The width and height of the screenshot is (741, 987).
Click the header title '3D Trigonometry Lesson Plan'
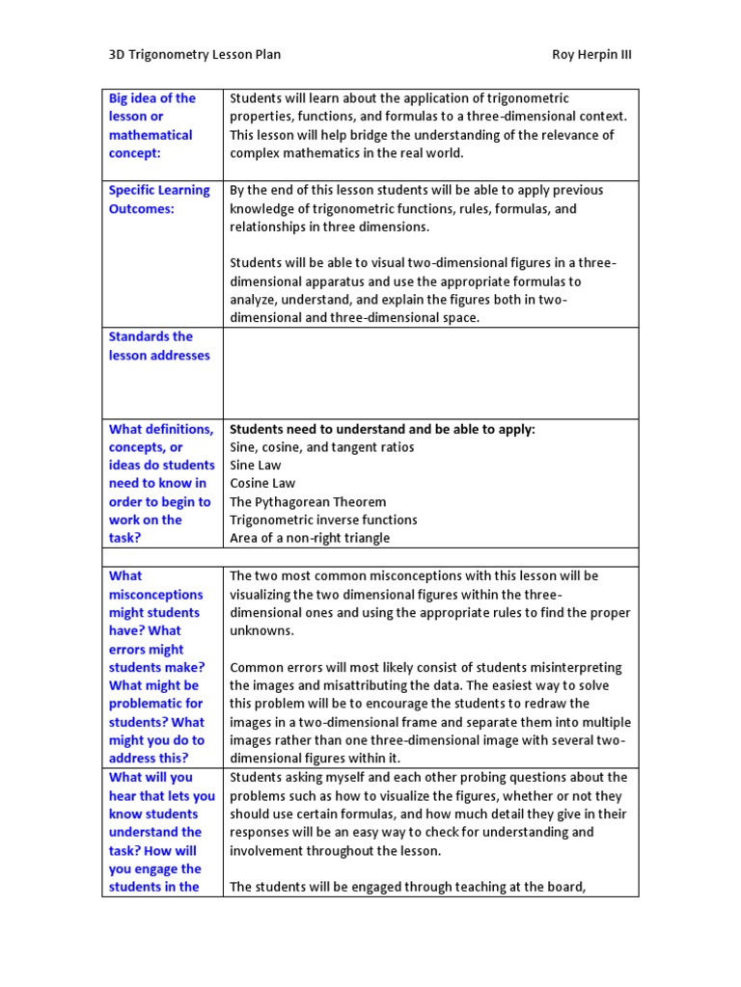194,54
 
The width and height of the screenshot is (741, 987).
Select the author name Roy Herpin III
591,54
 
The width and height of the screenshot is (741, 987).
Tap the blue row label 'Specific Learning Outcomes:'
159,200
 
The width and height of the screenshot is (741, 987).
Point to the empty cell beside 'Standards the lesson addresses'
430,373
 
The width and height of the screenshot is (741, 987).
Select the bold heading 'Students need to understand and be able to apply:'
382,429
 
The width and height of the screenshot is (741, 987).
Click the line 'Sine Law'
256,465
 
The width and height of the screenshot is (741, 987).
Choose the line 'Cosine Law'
262,483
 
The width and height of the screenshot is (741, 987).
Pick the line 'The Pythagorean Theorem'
308,501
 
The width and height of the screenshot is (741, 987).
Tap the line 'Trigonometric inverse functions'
323,520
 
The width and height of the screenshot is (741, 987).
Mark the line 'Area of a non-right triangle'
310,538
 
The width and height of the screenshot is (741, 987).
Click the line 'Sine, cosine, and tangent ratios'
322,447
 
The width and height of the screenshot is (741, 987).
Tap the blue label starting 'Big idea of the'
152,98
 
